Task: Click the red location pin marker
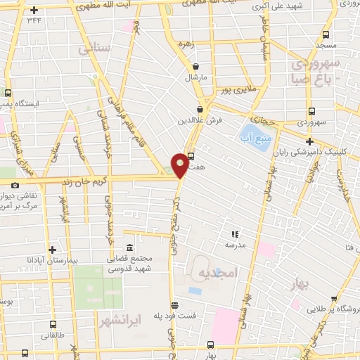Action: [181, 165]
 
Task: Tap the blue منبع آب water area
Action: [254, 131]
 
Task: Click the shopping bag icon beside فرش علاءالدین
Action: [201, 109]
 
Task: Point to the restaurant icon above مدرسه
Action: [235, 234]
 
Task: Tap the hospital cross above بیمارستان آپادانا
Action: [51, 250]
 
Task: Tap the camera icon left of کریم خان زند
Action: [15, 185]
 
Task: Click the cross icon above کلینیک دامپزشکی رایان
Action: [309, 141]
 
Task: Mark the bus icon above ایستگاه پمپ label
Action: [8, 92]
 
